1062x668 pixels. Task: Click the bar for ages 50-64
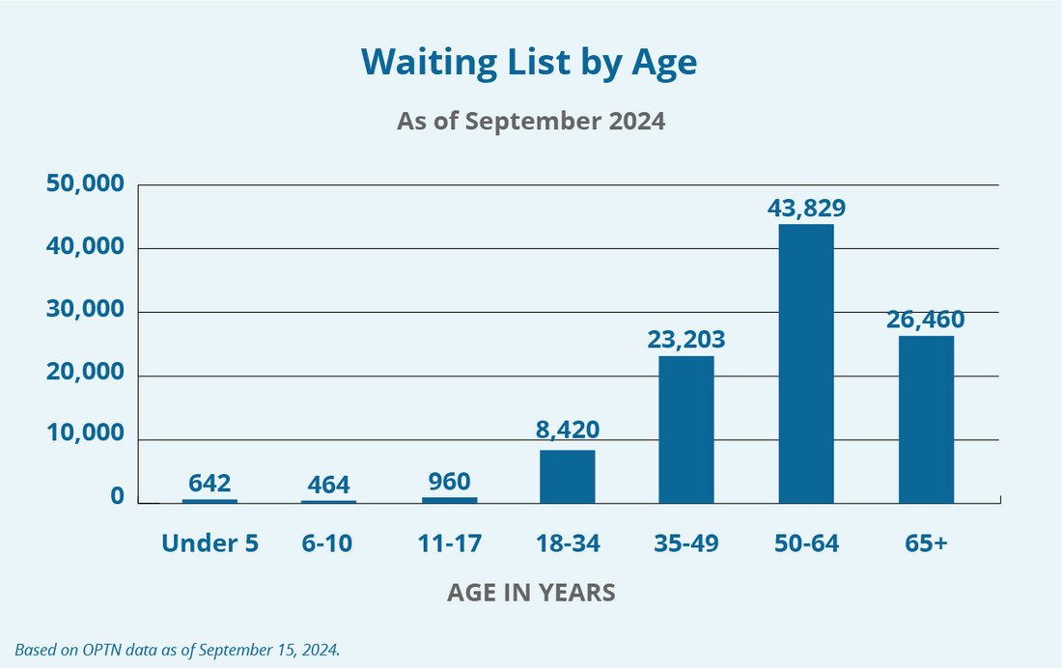pos(806,364)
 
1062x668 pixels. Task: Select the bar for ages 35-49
pos(686,430)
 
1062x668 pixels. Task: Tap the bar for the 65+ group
pos(926,419)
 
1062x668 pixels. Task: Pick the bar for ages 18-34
pos(568,477)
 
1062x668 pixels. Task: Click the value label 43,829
pos(806,208)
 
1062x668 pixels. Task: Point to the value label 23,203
pos(686,340)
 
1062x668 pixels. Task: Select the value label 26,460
pos(926,319)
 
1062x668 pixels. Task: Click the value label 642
pos(210,483)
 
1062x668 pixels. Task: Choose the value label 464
pos(328,484)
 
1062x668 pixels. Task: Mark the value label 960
pos(448,482)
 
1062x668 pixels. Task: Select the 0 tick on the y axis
pos(117,497)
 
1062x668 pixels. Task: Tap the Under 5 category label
pos(210,543)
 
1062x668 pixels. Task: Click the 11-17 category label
pos(448,543)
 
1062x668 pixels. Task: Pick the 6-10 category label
pos(328,543)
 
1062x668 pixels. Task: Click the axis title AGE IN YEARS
pos(531,593)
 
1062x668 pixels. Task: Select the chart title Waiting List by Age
pos(529,63)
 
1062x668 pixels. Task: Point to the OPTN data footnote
pos(178,650)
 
